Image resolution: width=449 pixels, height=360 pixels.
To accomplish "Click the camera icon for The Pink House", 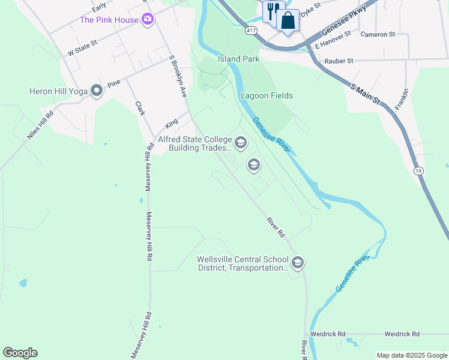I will (147, 20).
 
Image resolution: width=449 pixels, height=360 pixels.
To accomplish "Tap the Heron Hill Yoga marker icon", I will (95, 91).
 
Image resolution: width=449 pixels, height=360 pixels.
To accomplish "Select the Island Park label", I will (238, 59).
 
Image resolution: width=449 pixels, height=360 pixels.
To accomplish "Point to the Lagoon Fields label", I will (267, 95).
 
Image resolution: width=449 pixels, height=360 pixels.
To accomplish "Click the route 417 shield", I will (252, 29).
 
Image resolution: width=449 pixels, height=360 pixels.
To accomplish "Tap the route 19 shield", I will (418, 171).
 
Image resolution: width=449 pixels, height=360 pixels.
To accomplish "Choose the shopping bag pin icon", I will (288, 20).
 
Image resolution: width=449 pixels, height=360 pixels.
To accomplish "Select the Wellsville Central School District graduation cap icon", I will (297, 263).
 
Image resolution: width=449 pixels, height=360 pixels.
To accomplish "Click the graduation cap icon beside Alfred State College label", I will (241, 143).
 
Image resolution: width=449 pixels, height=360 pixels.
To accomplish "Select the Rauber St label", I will (339, 61).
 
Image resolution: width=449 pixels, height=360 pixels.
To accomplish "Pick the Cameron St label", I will (378, 34).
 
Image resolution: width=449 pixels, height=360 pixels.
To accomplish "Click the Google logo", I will (20, 353).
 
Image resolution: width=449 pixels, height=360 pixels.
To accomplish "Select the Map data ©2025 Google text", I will (411, 355).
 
